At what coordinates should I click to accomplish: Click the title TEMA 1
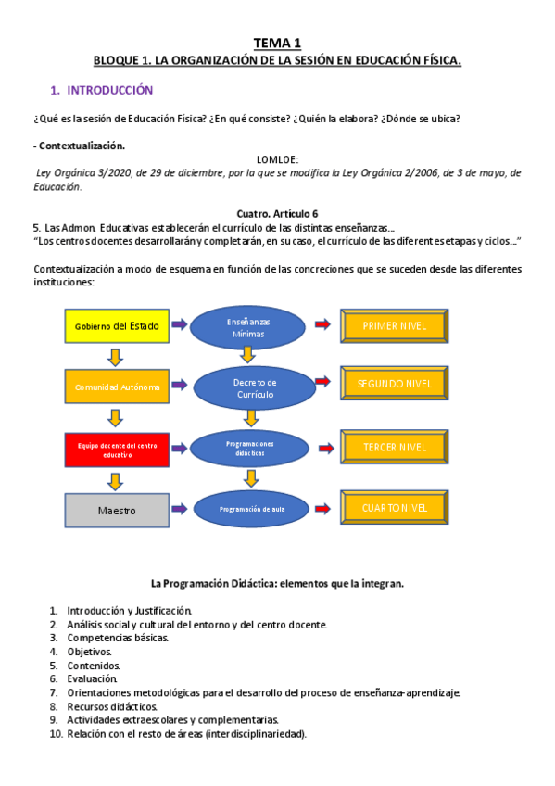click(277, 43)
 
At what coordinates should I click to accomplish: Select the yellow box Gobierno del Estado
click(117, 325)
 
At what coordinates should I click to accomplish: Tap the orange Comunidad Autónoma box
click(117, 386)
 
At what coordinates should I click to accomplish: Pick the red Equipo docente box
click(117, 450)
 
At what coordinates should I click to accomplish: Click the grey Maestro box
click(117, 510)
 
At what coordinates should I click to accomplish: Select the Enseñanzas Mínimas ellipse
click(248, 326)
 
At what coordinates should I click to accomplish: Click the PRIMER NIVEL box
click(395, 325)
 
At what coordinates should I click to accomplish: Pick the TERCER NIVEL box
click(395, 447)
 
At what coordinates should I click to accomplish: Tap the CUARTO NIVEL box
click(395, 507)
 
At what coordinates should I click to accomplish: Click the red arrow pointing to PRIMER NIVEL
click(323, 324)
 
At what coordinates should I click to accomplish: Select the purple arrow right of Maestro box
click(179, 508)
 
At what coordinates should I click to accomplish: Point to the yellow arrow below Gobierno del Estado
click(115, 356)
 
